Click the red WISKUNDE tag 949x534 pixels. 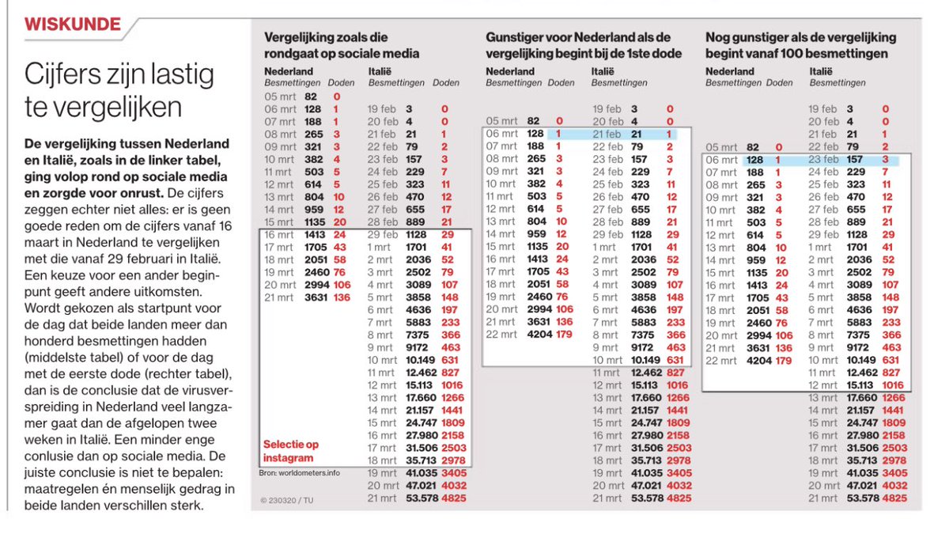pyautogui.click(x=74, y=24)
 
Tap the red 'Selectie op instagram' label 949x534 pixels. pyautogui.click(x=291, y=451)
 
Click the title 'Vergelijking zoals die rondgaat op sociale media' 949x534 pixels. pyautogui.click(x=342, y=45)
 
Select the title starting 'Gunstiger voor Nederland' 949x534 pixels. pyautogui.click(x=577, y=45)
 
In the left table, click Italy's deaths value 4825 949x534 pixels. pyautogui.click(x=452, y=498)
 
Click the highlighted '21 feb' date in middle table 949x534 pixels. pyautogui.click(x=607, y=134)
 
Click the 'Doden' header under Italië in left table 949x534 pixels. pyautogui.click(x=446, y=82)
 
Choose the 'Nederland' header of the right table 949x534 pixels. pyautogui.click(x=727, y=71)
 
